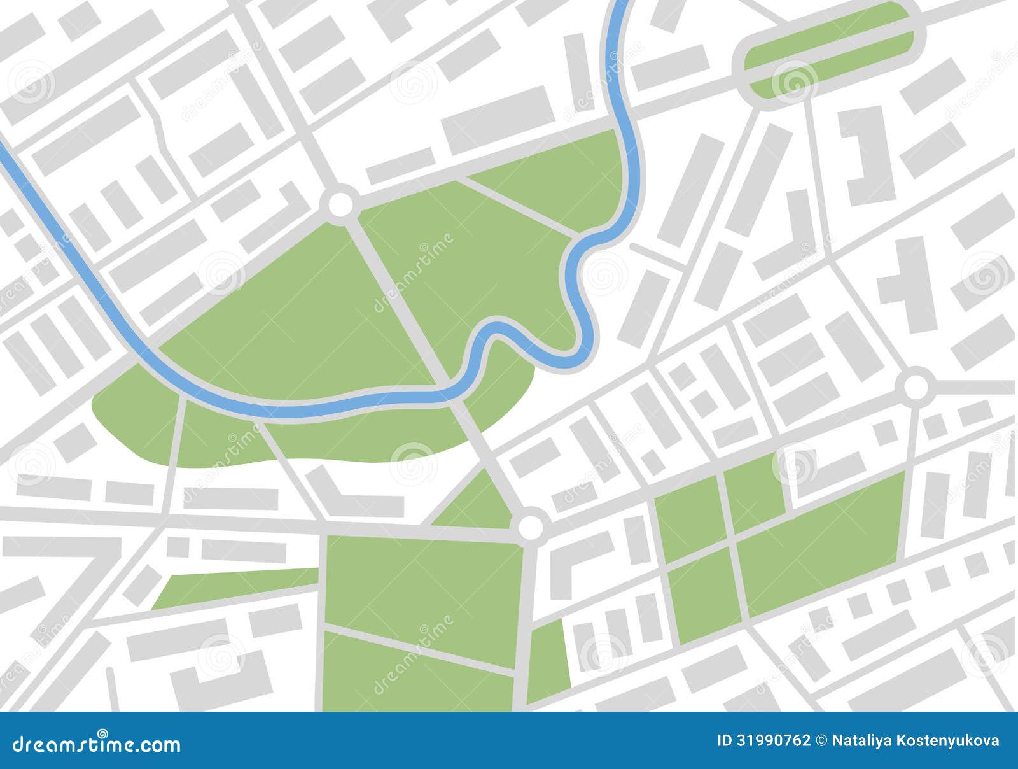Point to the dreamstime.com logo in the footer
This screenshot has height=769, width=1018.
[97, 743]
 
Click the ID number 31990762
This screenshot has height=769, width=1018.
[772, 740]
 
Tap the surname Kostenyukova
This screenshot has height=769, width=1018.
[947, 741]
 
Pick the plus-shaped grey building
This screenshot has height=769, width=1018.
[906, 284]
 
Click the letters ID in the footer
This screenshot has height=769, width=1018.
[725, 740]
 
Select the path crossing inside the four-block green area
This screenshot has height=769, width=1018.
[732, 541]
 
